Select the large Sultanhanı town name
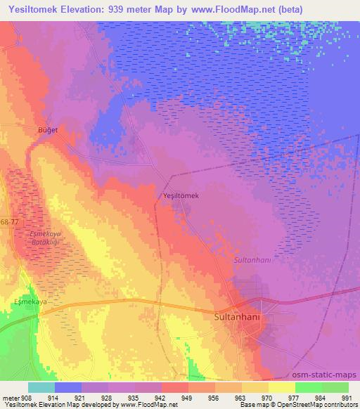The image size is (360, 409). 237,317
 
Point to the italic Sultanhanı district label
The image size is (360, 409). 252,259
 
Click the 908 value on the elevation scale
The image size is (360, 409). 27,398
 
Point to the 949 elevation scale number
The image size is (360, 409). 188,398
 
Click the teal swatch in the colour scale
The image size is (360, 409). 41,387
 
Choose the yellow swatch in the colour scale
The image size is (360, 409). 281,387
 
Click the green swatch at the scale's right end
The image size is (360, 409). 335,387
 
